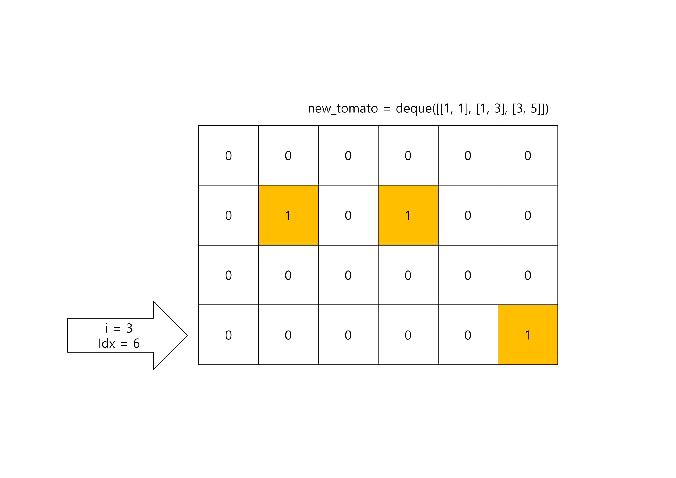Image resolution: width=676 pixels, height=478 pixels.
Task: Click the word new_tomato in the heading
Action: point(343,109)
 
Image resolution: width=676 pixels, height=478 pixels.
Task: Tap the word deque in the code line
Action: point(413,109)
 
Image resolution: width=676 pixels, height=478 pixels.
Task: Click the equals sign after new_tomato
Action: point(386,109)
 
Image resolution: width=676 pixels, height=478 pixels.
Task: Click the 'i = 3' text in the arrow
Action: point(119,328)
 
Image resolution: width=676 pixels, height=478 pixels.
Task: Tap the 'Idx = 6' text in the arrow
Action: point(119,344)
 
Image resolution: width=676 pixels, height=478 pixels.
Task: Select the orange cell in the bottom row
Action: point(528,335)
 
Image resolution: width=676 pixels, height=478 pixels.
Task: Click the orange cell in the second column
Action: point(288,215)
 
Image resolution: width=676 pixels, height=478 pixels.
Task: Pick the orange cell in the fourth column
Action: point(408,215)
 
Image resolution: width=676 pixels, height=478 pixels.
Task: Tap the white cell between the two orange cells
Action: point(348,215)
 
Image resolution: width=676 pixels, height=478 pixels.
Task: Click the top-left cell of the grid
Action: point(229,155)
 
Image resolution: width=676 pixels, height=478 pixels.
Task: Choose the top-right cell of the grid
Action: point(528,155)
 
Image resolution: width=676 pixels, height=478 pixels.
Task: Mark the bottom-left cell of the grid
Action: point(229,335)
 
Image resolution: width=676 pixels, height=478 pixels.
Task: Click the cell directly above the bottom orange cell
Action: point(528,275)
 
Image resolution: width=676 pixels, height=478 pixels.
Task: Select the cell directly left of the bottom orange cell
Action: point(468,335)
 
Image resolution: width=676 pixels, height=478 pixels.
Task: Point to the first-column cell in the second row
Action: point(229,215)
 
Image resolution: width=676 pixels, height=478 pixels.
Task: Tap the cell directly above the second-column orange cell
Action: point(288,155)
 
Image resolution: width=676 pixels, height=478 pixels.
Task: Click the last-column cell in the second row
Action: point(528,215)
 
